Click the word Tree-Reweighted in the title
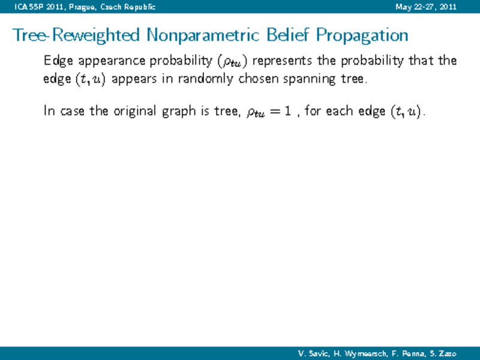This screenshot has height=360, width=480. [76, 35]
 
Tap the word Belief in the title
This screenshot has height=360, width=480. [288, 34]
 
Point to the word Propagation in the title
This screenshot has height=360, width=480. [362, 35]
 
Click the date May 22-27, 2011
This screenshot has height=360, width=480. [426, 7]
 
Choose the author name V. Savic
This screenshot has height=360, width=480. [313, 354]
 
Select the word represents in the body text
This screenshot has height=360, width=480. [282, 61]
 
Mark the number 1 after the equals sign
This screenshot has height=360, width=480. [287, 111]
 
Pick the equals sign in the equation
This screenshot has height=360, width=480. [274, 112]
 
